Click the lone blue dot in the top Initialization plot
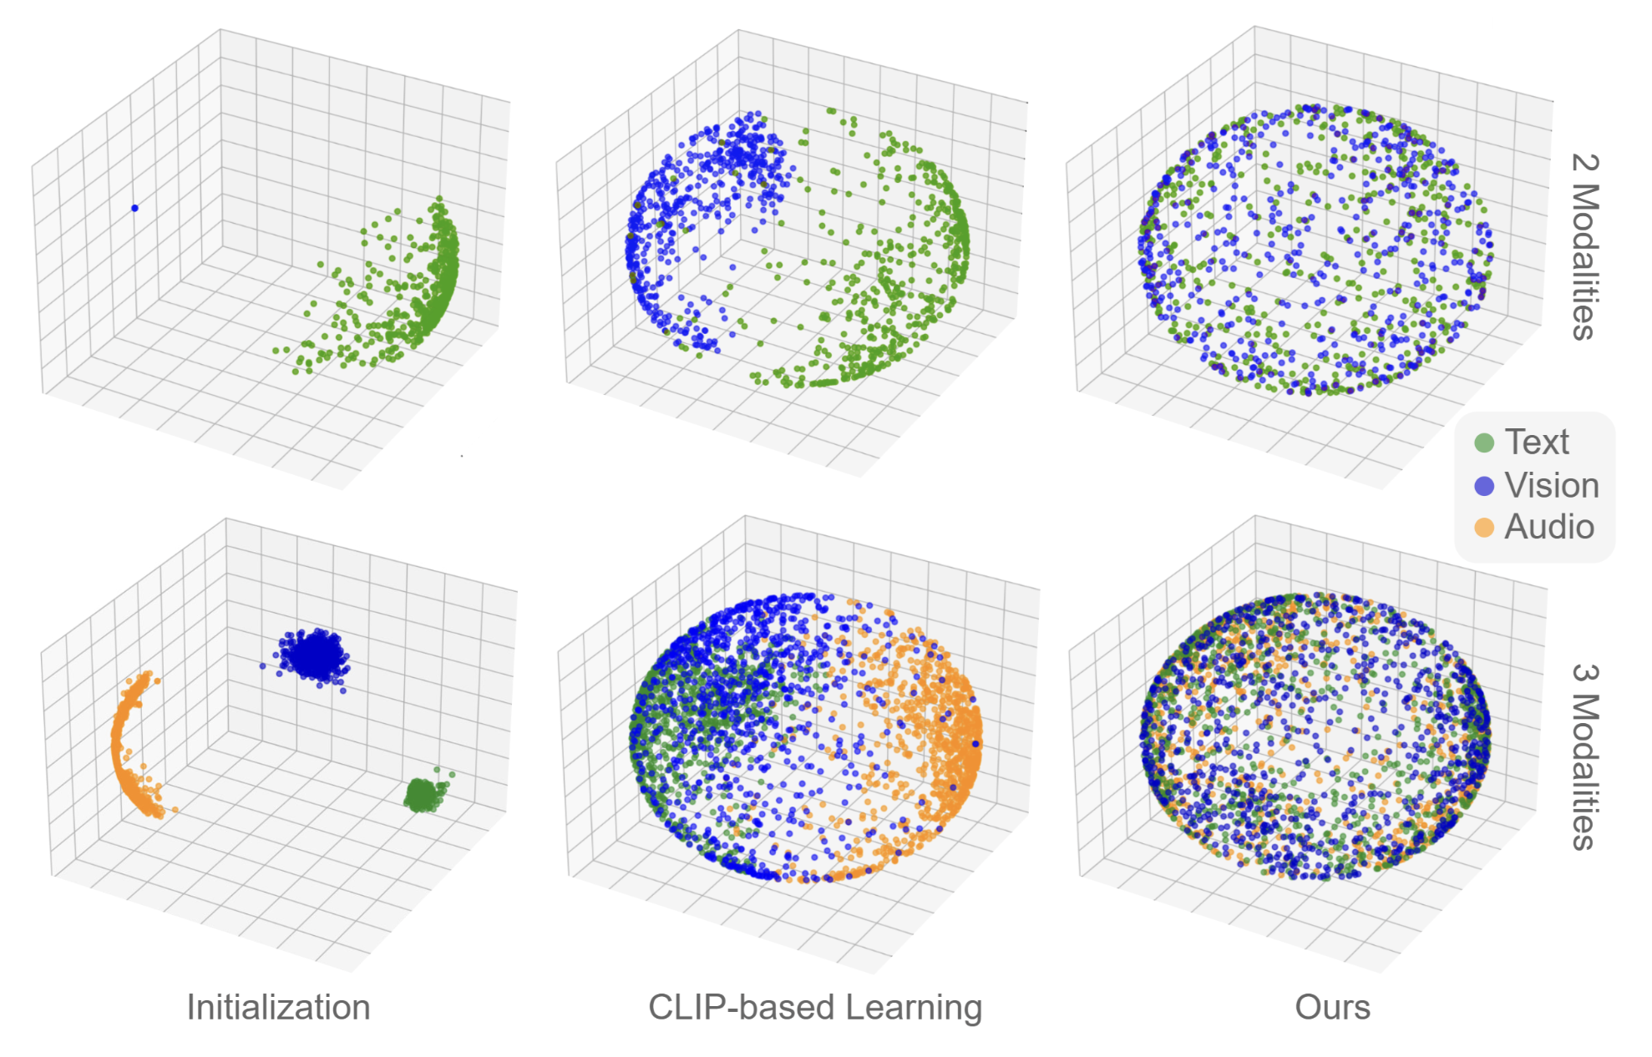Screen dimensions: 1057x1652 click(134, 208)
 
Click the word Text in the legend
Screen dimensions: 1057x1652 click(1537, 442)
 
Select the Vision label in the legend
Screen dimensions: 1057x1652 click(1552, 485)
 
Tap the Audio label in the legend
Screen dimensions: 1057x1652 click(1549, 527)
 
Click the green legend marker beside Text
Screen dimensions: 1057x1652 click(1484, 443)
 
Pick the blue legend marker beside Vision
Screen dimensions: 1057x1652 click(1484, 486)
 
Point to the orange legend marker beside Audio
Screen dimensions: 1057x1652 click(1484, 528)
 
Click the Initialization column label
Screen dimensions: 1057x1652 click(278, 1007)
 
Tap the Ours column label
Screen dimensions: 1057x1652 click(1332, 1007)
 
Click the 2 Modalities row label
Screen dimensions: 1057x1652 click(1584, 246)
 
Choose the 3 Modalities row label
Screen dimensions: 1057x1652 click(1584, 756)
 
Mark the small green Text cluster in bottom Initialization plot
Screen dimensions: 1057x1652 click(423, 795)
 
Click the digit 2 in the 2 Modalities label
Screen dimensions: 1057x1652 click(1584, 162)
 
